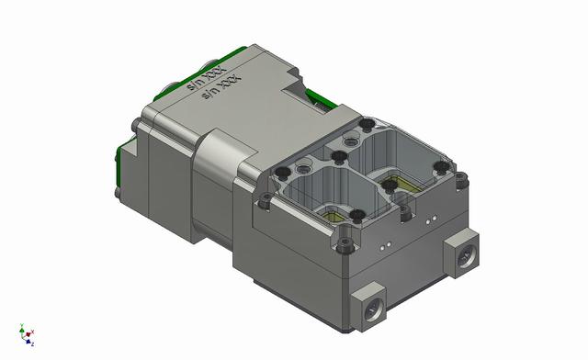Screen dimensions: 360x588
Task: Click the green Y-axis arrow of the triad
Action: [x=21, y=328]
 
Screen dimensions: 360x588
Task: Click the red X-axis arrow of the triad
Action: [x=32, y=332]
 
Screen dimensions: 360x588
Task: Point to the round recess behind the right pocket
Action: [x=349, y=141]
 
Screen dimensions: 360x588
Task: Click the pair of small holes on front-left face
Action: [x=386, y=245]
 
